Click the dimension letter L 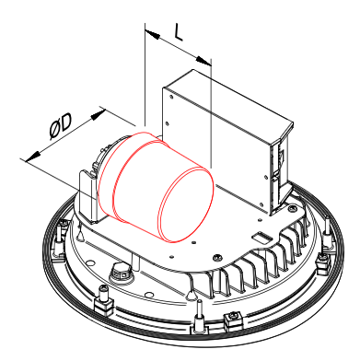click(x=179, y=32)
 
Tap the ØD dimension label click(x=61, y=126)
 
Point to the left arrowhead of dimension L click(x=153, y=34)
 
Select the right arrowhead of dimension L click(x=203, y=61)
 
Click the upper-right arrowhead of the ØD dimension click(x=99, y=115)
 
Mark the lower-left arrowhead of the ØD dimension click(x=33, y=157)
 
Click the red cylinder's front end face click(x=186, y=205)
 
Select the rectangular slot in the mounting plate click(x=261, y=238)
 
